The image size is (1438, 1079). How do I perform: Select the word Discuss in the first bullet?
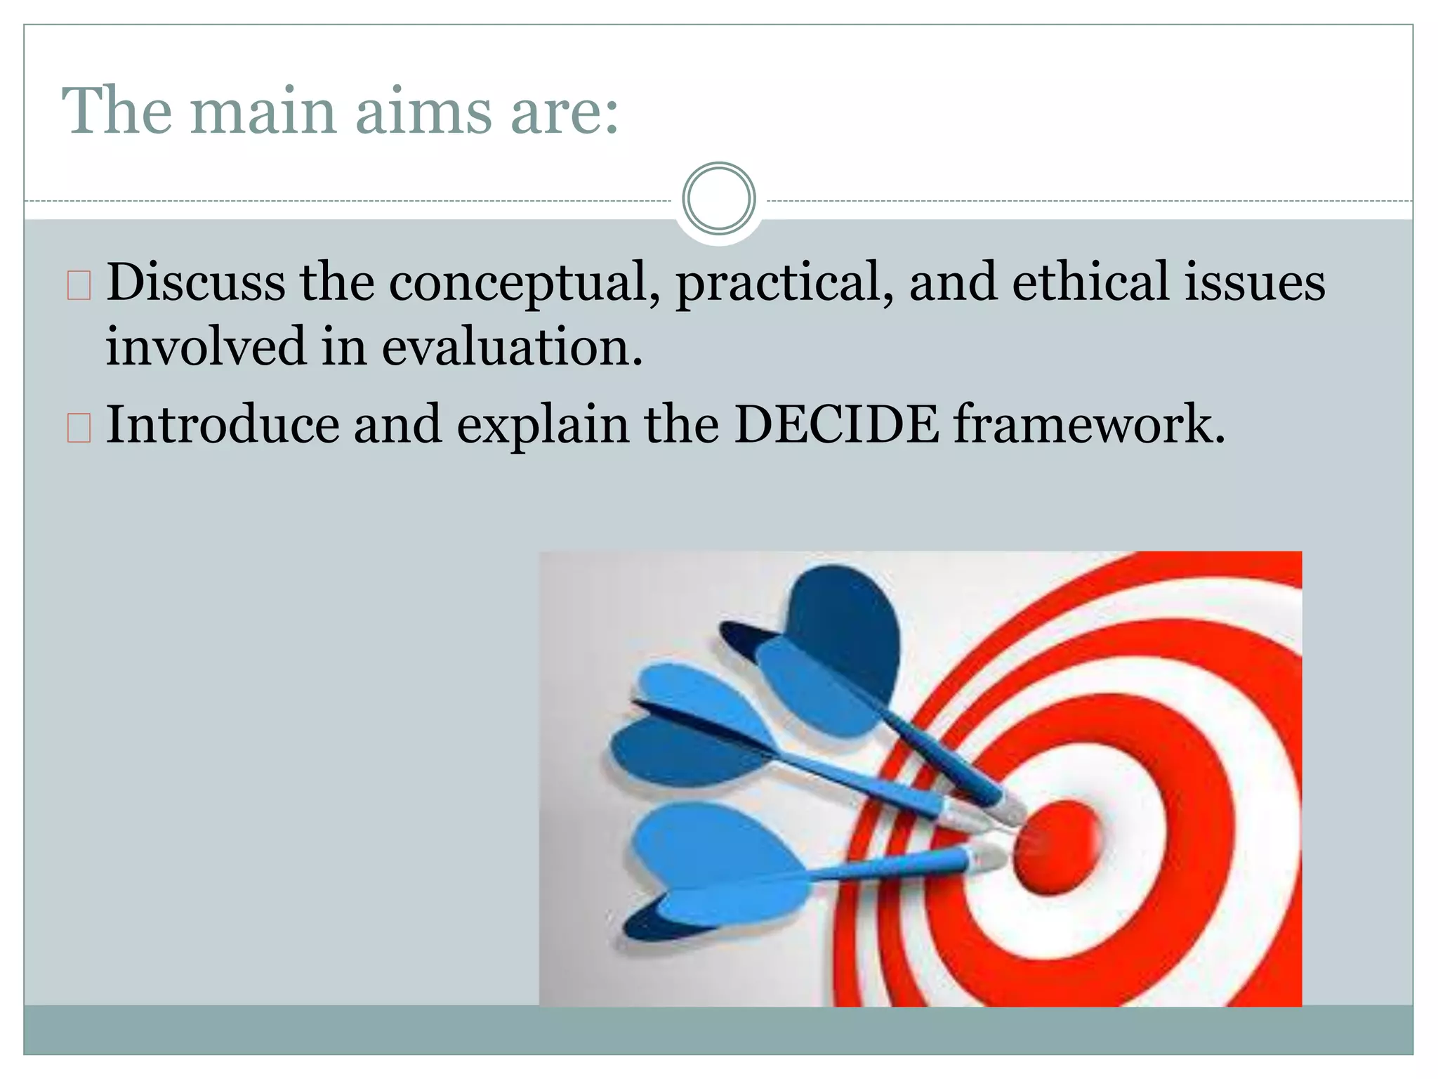[196, 282]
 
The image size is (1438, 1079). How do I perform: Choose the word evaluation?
[512, 347]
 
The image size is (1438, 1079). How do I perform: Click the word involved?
[206, 347]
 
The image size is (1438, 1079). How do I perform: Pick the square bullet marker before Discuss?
[79, 285]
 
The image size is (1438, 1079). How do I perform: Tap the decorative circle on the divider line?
[718, 199]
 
